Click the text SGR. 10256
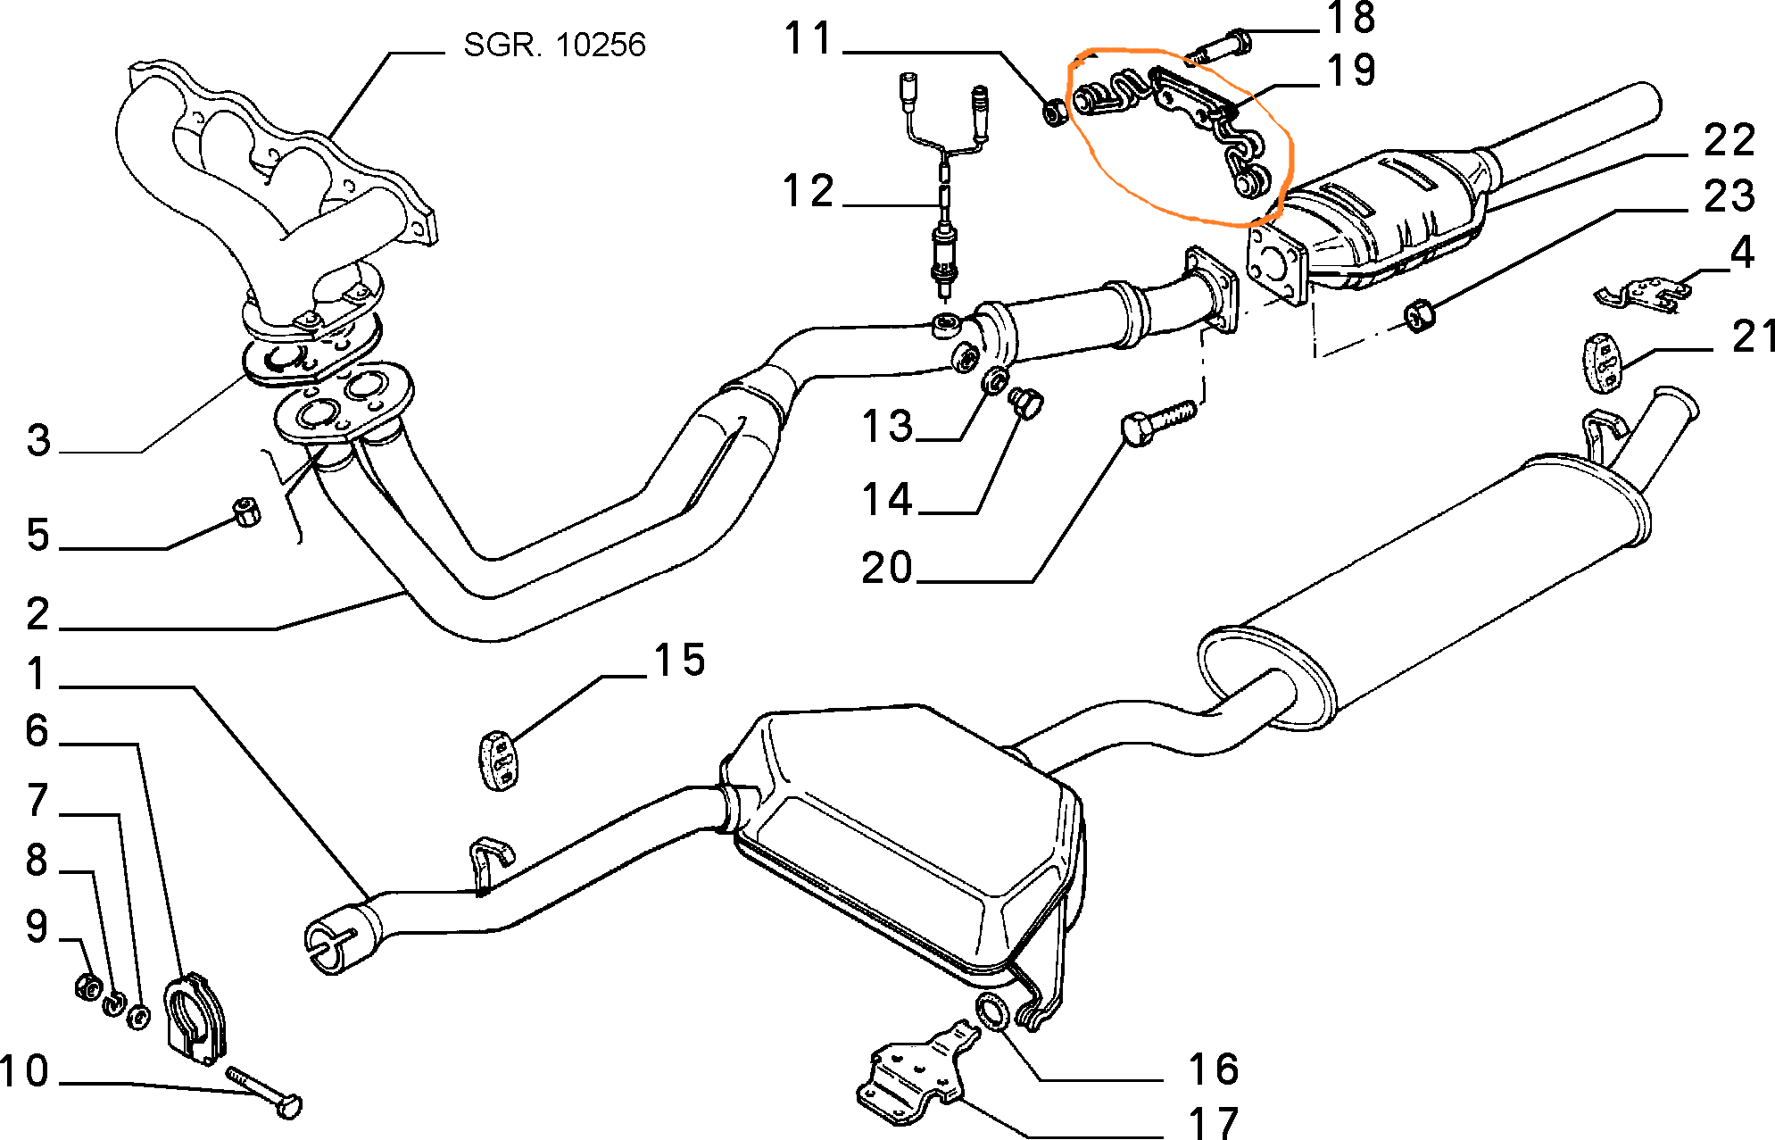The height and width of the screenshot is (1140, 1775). pos(554,45)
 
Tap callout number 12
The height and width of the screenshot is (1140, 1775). pos(808,192)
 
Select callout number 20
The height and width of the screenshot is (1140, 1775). pos(886,568)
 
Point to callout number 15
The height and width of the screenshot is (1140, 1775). pos(679,661)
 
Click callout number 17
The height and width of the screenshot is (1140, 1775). pos(1214,1122)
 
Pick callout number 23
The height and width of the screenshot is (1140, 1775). pos(1729,196)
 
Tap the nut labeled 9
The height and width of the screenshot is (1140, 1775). pos(88,986)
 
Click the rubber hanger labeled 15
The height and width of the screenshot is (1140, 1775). pos(498,761)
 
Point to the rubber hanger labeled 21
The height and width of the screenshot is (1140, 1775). pos(1602,362)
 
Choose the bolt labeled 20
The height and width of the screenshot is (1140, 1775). pos(1157,422)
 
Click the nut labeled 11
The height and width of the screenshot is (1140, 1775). pos(1053,112)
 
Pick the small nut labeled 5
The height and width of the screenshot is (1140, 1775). pos(245,512)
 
